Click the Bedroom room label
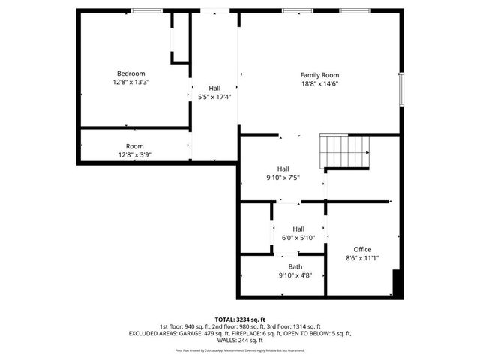(130, 73)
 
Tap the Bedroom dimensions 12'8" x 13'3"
(130, 82)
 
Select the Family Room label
(320, 75)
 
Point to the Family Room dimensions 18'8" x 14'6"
(320, 84)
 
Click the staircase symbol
(345, 151)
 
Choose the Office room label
(362, 249)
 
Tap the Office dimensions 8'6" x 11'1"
(362, 258)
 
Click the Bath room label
(295, 266)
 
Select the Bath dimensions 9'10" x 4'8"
(295, 275)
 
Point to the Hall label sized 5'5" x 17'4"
(214, 88)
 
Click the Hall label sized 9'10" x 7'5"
(283, 169)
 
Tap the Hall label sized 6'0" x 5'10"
(298, 229)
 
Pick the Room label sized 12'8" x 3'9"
(134, 146)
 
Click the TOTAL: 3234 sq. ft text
(240, 319)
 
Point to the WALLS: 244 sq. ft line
(240, 340)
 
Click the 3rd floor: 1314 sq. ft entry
(295, 326)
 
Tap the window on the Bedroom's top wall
(142, 10)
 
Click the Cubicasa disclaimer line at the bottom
(240, 349)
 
